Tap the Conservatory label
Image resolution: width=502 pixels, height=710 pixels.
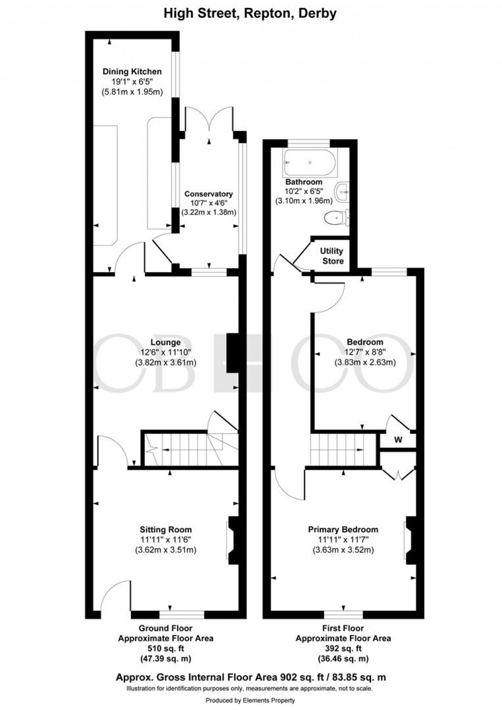(208, 194)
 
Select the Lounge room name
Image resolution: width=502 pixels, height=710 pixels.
(166, 342)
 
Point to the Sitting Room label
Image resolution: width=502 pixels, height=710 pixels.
(166, 529)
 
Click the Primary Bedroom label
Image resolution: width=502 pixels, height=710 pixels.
(343, 529)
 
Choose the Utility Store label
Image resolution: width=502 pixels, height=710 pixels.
(332, 256)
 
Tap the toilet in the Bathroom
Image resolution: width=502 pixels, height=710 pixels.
(337, 217)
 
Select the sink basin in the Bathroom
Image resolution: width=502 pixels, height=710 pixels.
(343, 190)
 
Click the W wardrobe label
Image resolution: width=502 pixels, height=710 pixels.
(398, 440)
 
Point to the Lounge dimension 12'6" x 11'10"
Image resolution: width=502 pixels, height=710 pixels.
(166, 352)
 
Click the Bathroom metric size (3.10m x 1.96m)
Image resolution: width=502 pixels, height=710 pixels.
(304, 201)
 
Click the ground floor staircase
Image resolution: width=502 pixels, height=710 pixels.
(187, 449)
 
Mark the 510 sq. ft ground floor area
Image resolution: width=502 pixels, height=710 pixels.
(165, 648)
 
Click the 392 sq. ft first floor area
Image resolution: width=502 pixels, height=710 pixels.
(343, 648)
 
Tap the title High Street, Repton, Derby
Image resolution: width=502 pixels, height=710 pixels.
(250, 13)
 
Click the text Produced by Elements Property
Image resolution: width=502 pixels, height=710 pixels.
(250, 700)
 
